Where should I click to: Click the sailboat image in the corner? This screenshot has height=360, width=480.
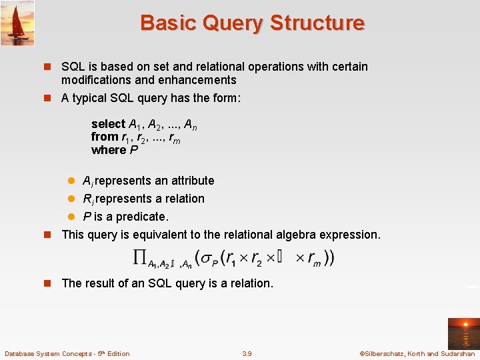click(x=17, y=23)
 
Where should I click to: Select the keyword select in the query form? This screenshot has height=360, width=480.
click(x=108, y=124)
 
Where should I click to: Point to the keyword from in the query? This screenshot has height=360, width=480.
click(x=104, y=137)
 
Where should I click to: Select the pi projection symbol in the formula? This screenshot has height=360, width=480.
click(x=140, y=257)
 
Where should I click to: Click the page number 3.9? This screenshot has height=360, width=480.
click(x=247, y=353)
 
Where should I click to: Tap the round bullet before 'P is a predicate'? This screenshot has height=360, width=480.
click(x=73, y=217)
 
